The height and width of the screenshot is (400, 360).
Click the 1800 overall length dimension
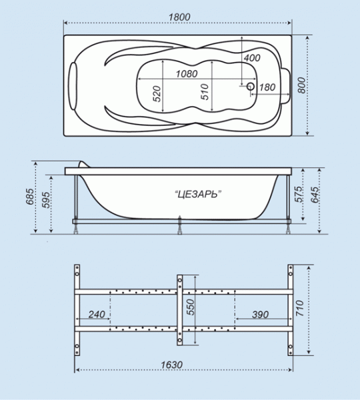point(179,17)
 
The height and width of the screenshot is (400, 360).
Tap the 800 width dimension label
point(301,85)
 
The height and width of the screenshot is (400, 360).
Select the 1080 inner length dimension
point(187,74)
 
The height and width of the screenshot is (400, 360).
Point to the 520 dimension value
point(157,94)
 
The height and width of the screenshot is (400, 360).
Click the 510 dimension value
point(205,92)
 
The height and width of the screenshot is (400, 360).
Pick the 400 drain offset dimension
point(252,58)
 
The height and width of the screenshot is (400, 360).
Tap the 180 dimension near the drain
point(267,87)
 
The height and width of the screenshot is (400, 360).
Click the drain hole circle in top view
point(251,86)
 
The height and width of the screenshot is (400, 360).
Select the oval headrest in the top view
point(73,86)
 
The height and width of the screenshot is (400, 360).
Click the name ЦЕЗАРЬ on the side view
point(198,195)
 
